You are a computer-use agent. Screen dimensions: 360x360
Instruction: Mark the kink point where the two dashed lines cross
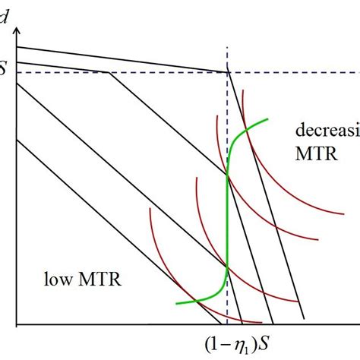click(227, 73)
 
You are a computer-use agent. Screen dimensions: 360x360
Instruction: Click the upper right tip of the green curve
click(267, 118)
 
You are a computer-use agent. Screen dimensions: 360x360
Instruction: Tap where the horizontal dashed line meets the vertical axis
click(16, 73)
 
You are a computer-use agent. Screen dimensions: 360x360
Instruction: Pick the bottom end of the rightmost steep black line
click(305, 319)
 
